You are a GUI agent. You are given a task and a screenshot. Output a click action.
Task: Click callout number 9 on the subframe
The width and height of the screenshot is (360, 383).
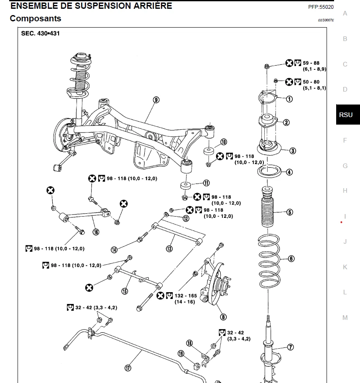tap(156, 100)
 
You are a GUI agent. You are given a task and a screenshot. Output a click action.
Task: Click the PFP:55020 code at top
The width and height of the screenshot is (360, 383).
tap(321, 7)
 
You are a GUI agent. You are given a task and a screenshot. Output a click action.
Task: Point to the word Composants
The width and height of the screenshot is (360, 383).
tap(35, 18)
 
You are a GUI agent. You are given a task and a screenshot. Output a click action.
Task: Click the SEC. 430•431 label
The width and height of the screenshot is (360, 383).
tap(40, 33)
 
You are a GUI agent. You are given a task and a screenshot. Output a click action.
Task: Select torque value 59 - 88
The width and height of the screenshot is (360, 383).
tap(311, 63)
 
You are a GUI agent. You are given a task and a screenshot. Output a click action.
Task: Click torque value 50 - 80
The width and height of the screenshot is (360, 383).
tap(311, 82)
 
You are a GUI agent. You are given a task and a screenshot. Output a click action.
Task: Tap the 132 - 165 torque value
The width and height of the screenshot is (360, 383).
tap(186, 296)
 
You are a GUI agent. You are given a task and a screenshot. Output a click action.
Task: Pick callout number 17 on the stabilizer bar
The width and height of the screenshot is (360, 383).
tap(128, 368)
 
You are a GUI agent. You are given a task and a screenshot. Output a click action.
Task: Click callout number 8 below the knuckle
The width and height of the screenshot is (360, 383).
tap(223, 317)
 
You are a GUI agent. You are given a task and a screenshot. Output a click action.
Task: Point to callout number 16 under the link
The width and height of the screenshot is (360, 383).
tap(96, 232)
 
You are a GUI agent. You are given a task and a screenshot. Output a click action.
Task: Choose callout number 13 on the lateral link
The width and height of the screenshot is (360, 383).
tap(169, 249)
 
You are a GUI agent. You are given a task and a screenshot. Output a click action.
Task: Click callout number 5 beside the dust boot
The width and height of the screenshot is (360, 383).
tap(290, 212)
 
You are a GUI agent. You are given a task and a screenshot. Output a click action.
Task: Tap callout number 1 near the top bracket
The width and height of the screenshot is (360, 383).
tap(289, 99)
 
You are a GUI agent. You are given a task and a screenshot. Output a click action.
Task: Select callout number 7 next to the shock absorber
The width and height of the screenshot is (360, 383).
tap(290, 347)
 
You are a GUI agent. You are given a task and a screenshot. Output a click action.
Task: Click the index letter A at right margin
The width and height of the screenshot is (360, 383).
tap(345, 13)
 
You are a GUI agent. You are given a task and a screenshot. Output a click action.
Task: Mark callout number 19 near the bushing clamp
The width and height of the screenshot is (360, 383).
tap(181, 354)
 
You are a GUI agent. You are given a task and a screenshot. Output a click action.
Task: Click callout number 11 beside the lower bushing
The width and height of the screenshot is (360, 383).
tap(207, 183)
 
